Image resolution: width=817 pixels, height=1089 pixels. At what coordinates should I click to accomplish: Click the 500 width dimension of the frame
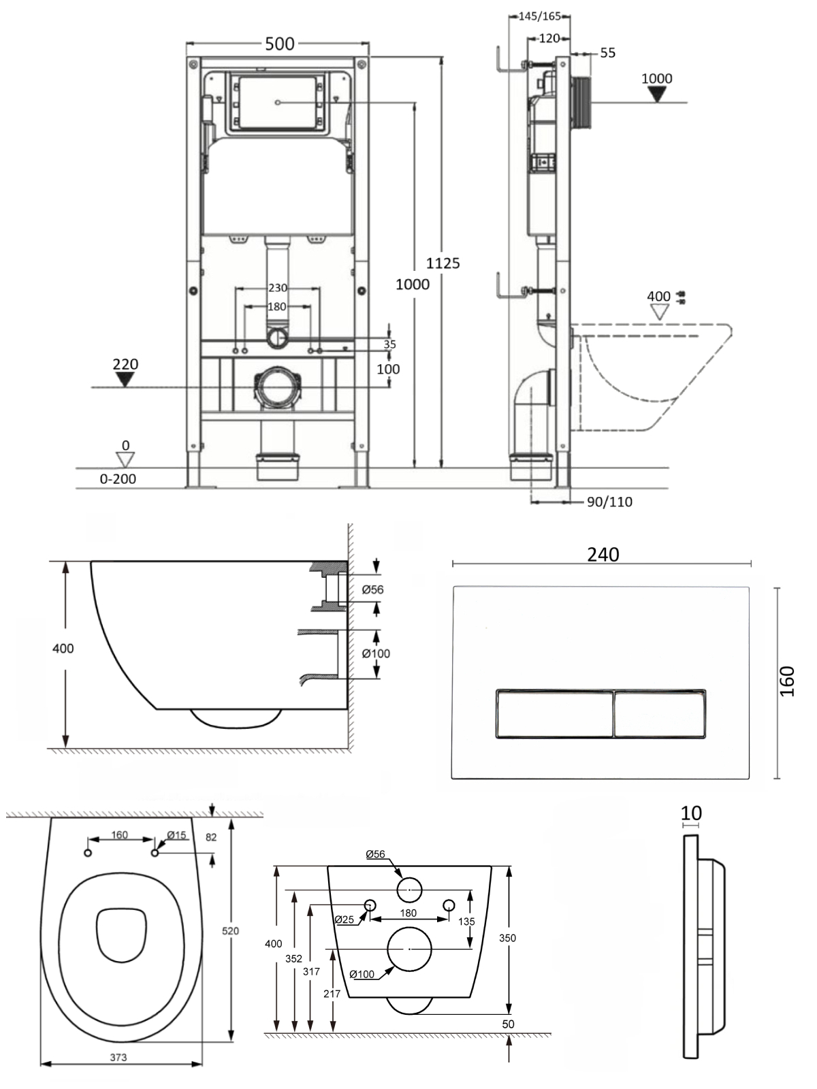click(280, 44)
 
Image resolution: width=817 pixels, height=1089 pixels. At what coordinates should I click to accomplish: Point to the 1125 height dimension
click(443, 263)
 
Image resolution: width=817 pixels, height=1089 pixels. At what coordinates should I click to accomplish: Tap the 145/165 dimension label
click(540, 16)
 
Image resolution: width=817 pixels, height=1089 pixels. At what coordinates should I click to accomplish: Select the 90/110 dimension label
click(609, 502)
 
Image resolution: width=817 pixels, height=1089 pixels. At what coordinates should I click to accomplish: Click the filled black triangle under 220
click(125, 380)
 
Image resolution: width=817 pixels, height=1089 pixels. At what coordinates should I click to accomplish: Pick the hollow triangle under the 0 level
click(125, 459)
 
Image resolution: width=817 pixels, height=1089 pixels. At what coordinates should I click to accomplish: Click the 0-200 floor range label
click(118, 478)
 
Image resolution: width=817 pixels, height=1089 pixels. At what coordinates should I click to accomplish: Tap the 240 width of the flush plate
click(603, 555)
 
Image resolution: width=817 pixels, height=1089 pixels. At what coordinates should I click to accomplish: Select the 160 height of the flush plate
click(787, 681)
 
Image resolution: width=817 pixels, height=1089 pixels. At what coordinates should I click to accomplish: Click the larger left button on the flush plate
click(555, 714)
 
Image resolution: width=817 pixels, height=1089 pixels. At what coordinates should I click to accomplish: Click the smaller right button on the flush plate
click(660, 714)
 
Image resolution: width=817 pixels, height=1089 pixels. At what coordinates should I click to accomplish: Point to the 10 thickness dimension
click(691, 813)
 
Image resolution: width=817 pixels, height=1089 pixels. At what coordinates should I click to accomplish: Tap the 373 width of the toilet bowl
click(118, 1057)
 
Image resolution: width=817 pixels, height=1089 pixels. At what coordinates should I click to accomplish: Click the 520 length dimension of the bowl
click(230, 930)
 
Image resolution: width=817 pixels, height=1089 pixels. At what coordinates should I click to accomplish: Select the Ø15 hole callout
click(176, 835)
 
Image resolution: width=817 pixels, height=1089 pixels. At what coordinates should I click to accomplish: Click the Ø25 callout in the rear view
click(345, 920)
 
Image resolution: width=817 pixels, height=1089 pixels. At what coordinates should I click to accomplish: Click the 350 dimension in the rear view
click(507, 938)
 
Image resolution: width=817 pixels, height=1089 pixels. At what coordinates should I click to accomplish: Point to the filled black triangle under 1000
click(657, 94)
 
